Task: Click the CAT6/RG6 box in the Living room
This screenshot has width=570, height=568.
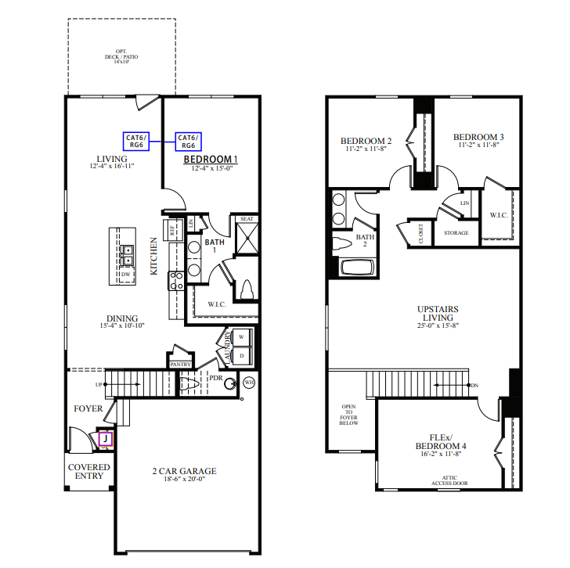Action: (x=136, y=141)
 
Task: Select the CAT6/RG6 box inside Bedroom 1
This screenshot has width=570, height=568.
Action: (x=188, y=141)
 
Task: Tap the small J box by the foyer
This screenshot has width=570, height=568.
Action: (x=104, y=440)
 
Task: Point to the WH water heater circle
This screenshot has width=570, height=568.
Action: (x=249, y=383)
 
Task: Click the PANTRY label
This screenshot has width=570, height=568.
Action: (x=180, y=364)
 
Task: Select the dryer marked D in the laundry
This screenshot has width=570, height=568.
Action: (x=241, y=355)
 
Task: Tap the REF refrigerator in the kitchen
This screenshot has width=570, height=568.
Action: (x=173, y=229)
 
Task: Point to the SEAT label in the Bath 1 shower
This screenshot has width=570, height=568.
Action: (x=247, y=219)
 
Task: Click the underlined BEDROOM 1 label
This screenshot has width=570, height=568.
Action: (x=211, y=160)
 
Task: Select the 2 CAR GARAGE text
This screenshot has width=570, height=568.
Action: (x=184, y=471)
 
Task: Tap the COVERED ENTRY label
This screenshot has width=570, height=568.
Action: (x=88, y=472)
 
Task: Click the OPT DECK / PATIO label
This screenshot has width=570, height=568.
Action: (x=116, y=56)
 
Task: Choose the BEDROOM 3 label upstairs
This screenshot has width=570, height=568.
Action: (x=478, y=137)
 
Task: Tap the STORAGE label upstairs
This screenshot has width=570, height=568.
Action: (x=456, y=233)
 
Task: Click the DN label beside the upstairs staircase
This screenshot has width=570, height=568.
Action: (x=474, y=385)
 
